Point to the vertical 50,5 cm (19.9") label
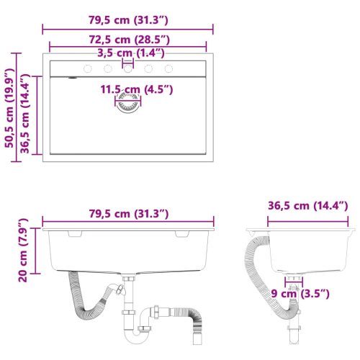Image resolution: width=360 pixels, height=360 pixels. click(9, 108)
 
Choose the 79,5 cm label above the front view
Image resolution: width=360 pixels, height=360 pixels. click(127, 213)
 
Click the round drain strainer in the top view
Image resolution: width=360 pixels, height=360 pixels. click(128, 104)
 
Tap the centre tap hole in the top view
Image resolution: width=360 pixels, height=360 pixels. click(128, 69)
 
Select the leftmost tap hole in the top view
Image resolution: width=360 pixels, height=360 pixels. click(88, 69)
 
